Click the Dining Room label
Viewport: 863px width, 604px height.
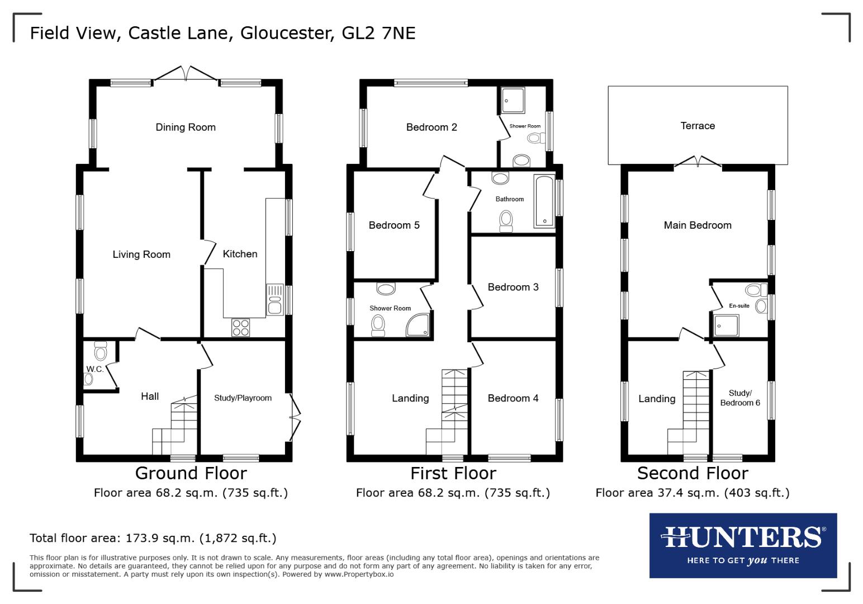point(186,128)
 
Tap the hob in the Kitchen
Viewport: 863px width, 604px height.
point(240,327)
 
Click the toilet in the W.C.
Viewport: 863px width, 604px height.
point(101,352)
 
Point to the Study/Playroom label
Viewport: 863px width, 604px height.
point(243,398)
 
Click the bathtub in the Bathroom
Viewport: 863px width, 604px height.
point(544,201)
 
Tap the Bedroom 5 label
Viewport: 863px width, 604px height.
point(394,225)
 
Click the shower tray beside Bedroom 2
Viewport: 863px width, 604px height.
point(513,100)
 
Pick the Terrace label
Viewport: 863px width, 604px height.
point(698,126)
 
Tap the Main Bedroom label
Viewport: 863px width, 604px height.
point(698,225)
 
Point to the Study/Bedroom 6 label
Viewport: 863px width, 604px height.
point(740,398)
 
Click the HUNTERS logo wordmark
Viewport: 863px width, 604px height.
point(743,537)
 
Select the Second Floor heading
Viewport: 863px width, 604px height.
point(693,474)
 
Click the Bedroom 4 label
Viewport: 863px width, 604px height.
point(513,398)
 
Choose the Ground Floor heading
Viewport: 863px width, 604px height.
point(191,474)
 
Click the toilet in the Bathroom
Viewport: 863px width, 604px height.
point(506,220)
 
